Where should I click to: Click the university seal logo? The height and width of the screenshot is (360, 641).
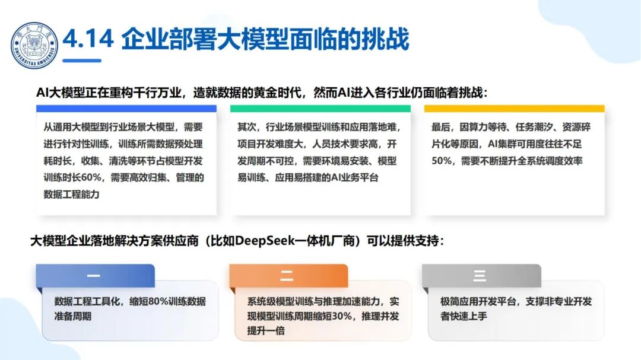[34, 44]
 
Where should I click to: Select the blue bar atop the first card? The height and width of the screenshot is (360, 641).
[126, 109]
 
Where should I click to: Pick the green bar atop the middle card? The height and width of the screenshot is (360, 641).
[320, 109]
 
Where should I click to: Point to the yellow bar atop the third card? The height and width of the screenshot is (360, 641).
[514, 109]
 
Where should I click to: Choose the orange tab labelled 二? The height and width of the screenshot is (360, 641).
[287, 276]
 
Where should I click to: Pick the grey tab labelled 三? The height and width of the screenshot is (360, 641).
[480, 276]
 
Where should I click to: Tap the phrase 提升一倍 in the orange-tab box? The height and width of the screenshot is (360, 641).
[266, 330]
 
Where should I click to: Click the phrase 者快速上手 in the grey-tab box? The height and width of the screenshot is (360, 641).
[464, 316]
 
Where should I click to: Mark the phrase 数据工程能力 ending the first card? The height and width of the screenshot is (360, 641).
[72, 194]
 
